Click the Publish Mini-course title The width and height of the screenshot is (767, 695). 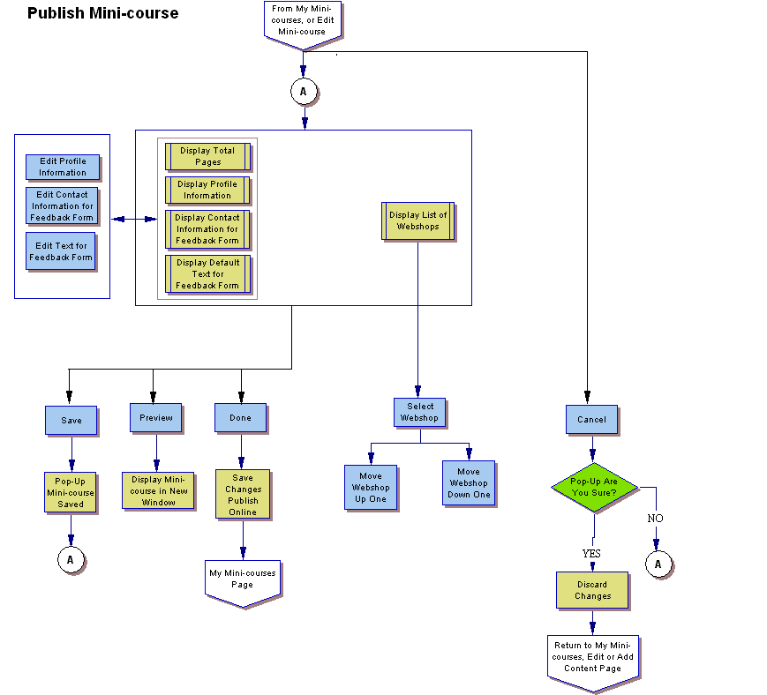point(102,13)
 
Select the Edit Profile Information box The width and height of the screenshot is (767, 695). point(62,167)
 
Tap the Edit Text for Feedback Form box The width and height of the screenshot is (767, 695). point(60,251)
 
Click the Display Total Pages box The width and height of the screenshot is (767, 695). point(207,156)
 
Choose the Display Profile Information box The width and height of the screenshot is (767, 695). point(207,190)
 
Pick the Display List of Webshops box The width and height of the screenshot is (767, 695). point(417,220)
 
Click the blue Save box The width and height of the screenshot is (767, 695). point(71,420)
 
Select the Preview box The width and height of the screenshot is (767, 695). point(155,417)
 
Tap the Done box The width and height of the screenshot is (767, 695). point(240,417)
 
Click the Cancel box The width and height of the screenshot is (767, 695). point(591,419)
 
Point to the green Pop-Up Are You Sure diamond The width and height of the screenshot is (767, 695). point(593,487)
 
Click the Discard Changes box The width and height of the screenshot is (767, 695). point(592,590)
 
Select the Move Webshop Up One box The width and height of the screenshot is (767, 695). point(371,487)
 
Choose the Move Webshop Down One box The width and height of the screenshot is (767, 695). point(468,482)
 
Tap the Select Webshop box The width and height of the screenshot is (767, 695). point(420,412)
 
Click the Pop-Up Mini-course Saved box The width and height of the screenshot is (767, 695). point(71,492)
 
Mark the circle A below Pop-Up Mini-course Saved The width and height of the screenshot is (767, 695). point(71,559)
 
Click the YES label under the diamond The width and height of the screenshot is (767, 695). point(591,553)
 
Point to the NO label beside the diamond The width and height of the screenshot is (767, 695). point(655,519)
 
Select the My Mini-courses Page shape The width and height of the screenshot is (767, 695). point(243,581)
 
